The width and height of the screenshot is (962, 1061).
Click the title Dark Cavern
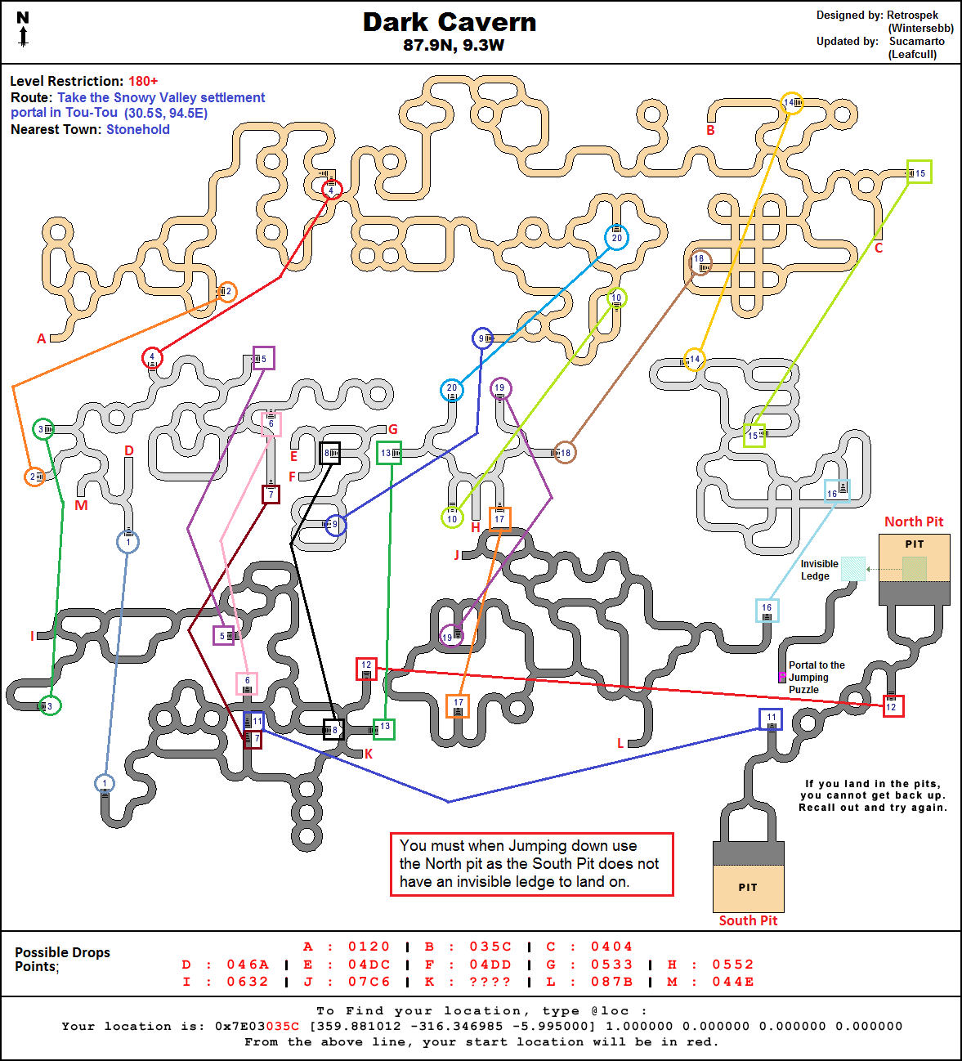[450, 23]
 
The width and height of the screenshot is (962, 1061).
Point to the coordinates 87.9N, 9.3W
[454, 46]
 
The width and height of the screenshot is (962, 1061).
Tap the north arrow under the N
[24, 37]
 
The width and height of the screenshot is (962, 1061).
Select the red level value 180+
[143, 81]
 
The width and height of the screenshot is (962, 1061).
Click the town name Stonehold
[138, 129]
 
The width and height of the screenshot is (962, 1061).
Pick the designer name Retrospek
[912, 16]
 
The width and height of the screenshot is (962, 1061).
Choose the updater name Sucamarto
[916, 41]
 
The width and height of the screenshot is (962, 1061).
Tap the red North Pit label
[914, 522]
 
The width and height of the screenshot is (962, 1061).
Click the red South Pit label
[748, 920]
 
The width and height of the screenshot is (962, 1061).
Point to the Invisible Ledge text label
[819, 570]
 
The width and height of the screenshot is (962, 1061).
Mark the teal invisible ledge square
[853, 569]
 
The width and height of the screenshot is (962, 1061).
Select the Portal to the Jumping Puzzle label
[815, 678]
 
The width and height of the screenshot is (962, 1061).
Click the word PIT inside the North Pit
[915, 544]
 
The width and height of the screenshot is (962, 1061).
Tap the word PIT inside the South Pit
[748, 888]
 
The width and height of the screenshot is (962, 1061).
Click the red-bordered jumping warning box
[531, 864]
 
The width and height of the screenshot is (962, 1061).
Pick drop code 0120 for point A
[369, 947]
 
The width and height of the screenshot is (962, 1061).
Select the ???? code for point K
[490, 982]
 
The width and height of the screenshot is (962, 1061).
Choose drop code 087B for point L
[612, 982]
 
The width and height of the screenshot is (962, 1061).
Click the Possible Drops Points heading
[62, 959]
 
